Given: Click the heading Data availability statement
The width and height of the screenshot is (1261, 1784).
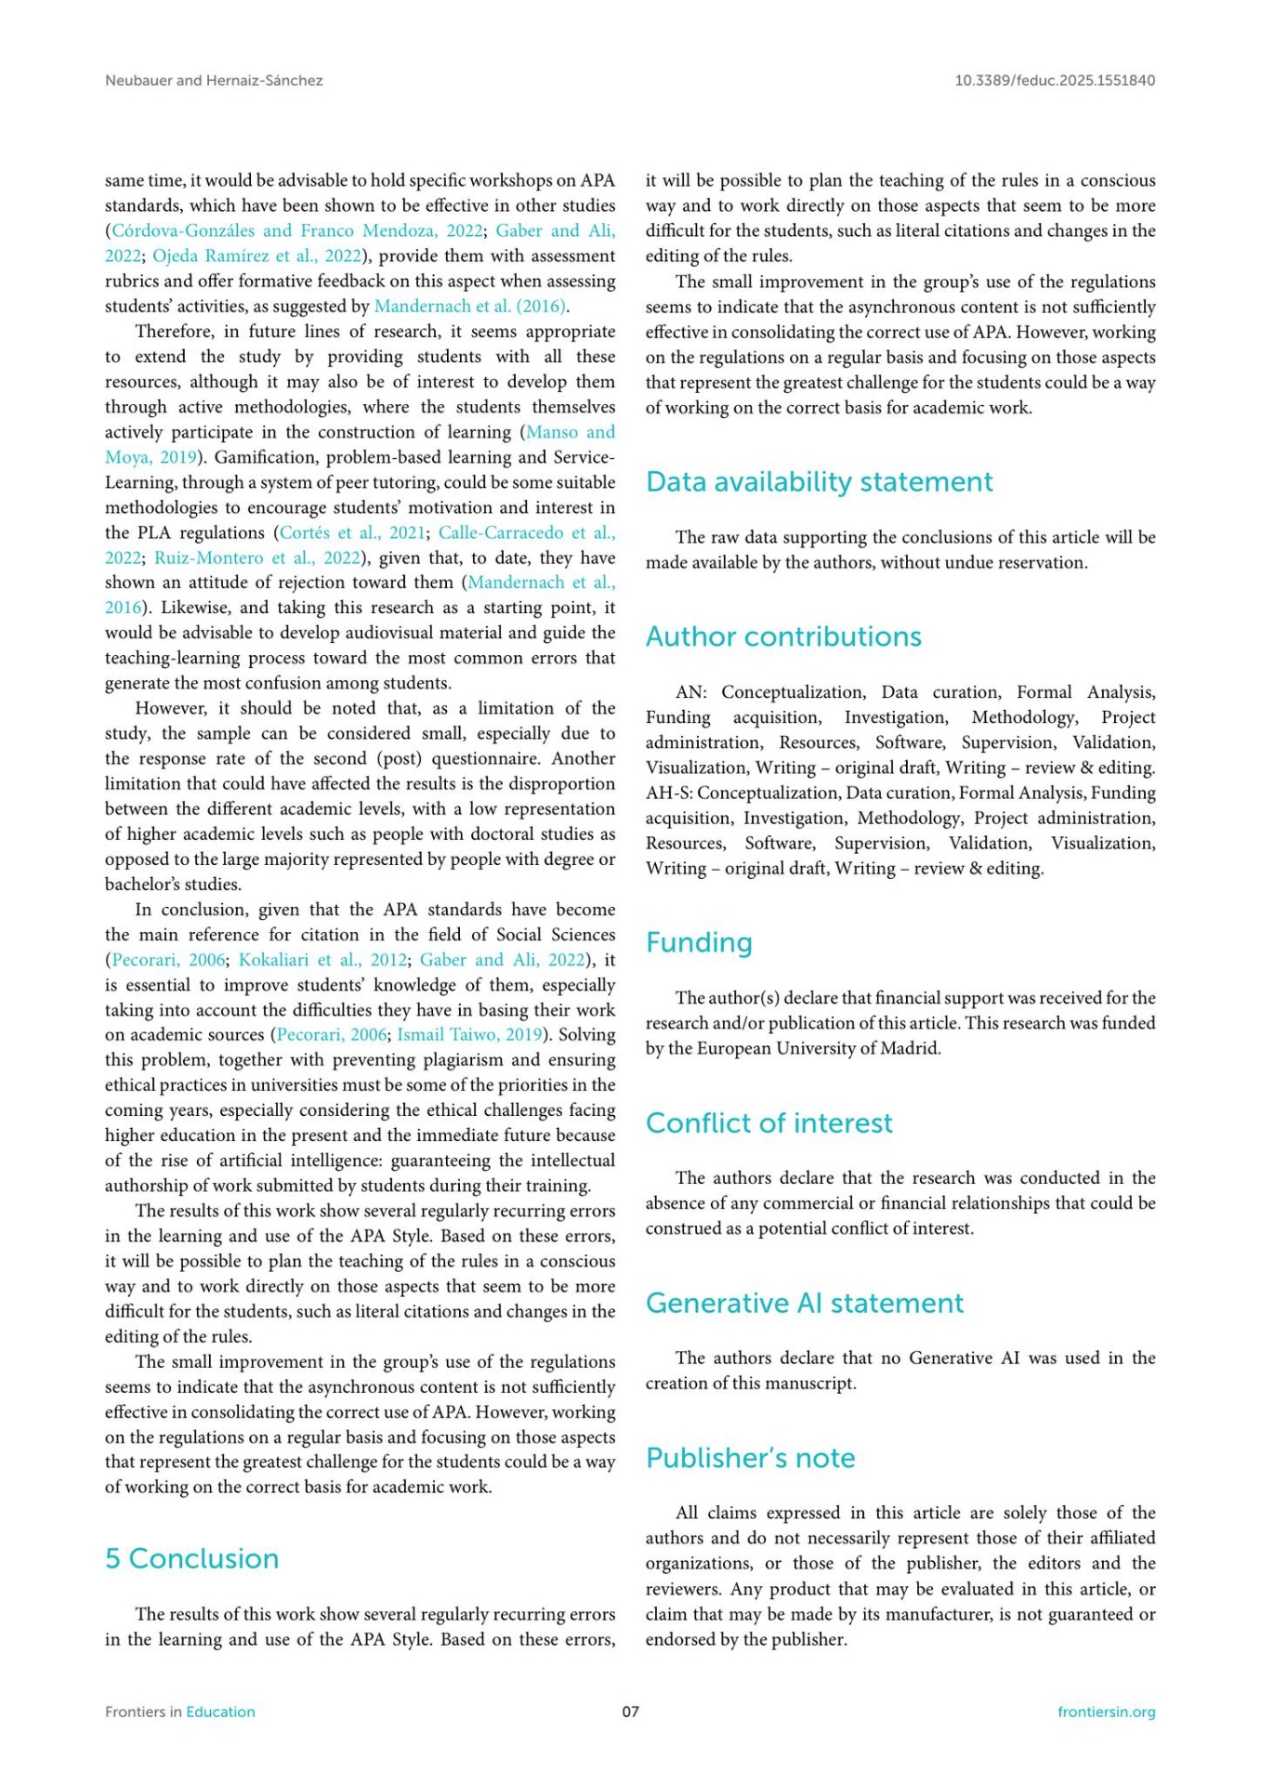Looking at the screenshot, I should (819, 481).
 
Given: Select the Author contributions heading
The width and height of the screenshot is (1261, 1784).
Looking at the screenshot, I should (783, 636).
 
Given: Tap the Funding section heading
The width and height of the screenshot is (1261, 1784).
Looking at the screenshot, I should (699, 942).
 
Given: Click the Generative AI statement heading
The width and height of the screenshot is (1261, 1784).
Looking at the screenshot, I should (804, 1303).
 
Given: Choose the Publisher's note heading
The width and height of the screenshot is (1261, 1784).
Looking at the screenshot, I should (750, 1458).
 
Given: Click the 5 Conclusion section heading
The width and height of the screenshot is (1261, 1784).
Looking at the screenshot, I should (191, 1558).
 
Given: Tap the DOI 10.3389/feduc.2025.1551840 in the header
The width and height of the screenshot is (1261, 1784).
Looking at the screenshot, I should (1055, 80).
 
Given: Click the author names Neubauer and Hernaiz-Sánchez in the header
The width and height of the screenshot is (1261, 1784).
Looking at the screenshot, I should (214, 80).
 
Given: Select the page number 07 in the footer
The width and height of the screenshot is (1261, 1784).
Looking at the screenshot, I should (630, 1712).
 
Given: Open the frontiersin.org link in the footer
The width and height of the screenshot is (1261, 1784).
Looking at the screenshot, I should (1106, 1712).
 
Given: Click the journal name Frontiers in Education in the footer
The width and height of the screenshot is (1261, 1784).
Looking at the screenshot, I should (179, 1712).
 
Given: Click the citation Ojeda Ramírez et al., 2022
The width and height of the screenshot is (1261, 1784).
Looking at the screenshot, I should (256, 256).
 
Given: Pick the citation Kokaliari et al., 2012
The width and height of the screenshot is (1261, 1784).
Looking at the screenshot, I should (322, 960).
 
